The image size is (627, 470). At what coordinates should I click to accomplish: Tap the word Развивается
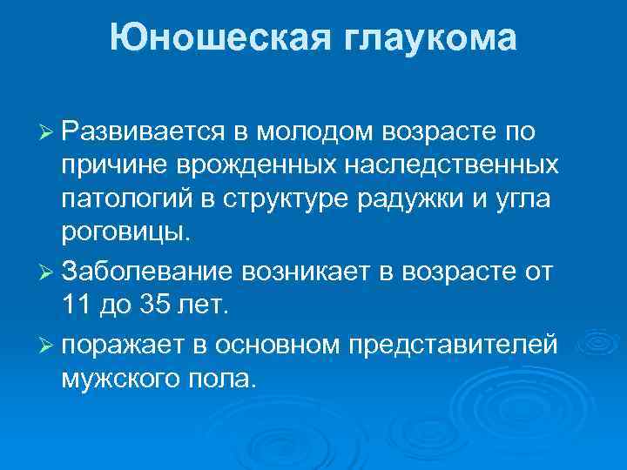pos(144,131)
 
